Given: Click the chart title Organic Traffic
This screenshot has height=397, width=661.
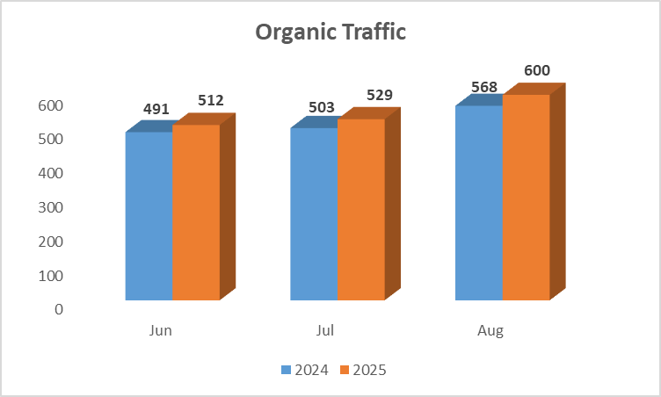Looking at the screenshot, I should coord(330,32).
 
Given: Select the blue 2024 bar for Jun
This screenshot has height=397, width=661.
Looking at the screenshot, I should coord(149,216).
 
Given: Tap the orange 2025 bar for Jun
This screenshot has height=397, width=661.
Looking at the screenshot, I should coord(196,213).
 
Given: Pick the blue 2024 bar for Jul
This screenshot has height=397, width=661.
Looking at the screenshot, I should coord(314,214).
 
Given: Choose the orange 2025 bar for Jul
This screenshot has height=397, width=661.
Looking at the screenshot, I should coord(360,210).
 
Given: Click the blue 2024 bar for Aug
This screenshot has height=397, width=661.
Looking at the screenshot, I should coord(478,203).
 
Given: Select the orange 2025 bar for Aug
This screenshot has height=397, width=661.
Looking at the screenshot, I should coord(526,198).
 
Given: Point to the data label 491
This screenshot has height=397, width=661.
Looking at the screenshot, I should coord(156,111).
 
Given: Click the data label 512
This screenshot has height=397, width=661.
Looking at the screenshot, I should coord(210,100).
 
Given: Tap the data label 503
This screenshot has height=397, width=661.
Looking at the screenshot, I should coord(322,107).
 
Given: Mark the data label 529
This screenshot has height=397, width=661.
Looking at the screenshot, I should coord(379,95).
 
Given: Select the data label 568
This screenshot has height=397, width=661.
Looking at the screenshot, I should coord(483,87).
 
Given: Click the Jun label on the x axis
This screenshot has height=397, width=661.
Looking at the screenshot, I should coord(161,331).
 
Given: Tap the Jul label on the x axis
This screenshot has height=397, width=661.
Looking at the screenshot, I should coord(325,331).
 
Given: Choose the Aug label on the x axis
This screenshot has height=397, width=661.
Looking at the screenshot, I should coord(490,331).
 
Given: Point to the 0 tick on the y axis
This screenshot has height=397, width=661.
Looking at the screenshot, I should coord(58,309).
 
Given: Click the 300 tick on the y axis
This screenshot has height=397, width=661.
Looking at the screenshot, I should coord(51,207).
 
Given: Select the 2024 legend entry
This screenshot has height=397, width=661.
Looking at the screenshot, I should coord(305,370).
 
